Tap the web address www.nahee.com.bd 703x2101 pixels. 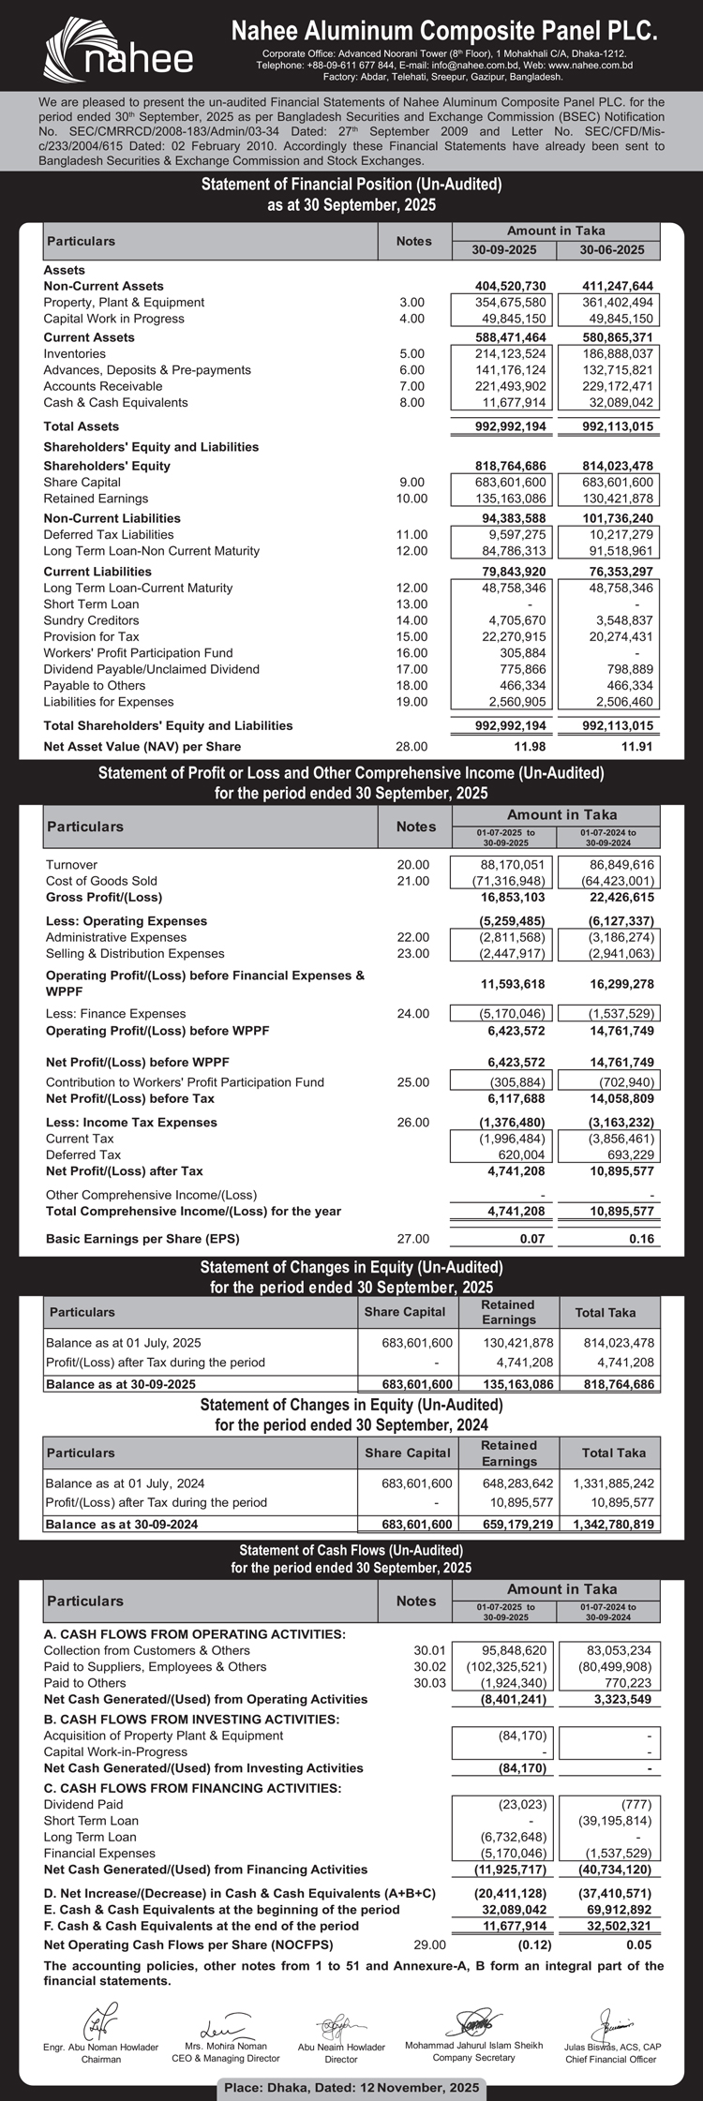tap(591, 66)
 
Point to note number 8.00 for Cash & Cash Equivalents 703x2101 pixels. tap(411, 403)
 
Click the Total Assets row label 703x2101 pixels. tap(82, 426)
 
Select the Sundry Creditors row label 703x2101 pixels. tap(91, 620)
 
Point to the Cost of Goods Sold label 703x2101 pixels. tap(101, 881)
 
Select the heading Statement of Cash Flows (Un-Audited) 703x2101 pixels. tap(351, 1550)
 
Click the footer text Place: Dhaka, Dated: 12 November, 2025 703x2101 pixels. tap(351, 2087)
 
